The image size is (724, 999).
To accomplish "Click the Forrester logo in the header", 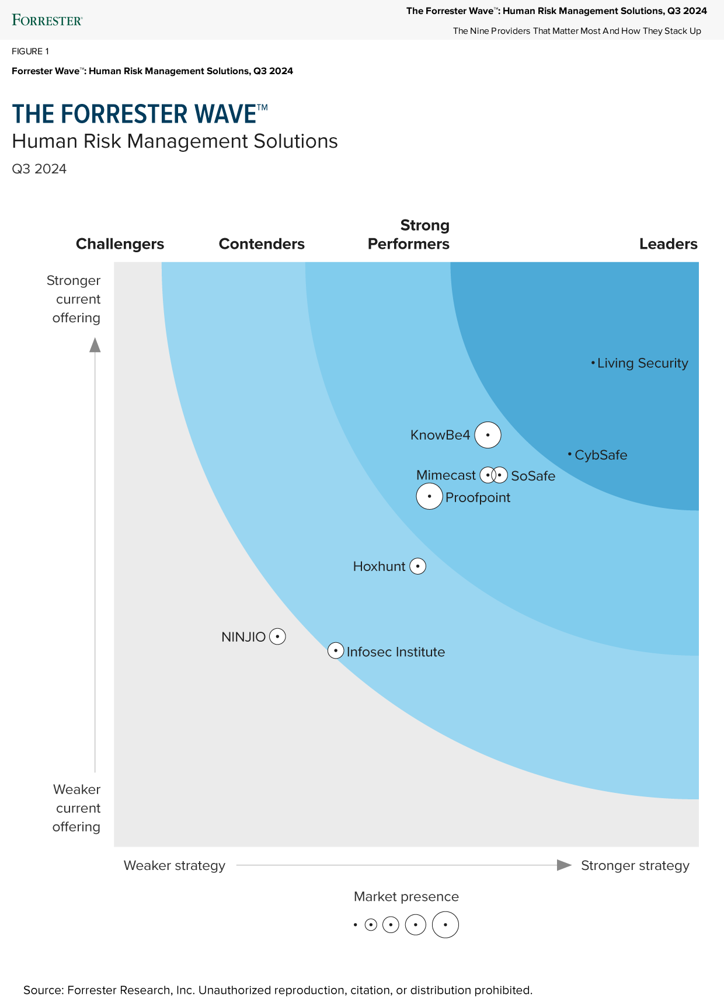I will point(47,20).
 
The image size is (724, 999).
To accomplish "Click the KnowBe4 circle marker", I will point(488,435).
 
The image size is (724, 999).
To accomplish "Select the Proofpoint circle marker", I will point(429,496).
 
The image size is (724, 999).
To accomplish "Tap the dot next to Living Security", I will point(593,363).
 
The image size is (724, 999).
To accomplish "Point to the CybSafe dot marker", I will point(570,454).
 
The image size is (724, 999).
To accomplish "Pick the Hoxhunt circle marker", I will point(417,566).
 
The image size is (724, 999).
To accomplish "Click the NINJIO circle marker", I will point(277,636).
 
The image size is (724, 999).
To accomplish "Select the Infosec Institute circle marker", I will point(336,650).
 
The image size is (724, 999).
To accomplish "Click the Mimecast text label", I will point(445,475).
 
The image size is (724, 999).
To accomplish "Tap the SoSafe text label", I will point(533,476).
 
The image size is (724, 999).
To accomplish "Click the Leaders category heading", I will point(668,243).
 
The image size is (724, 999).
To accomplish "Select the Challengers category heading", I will point(120,243).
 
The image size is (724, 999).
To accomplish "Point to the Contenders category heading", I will point(262,243).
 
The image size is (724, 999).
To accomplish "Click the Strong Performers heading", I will point(409,234).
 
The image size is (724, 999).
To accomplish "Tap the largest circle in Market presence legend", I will point(445,925).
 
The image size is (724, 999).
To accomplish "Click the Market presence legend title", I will point(406,896).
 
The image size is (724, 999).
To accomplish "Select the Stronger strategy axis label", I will point(635,865).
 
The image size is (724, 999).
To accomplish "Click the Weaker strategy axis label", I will point(174,865).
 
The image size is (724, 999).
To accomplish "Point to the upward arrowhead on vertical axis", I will point(95,346).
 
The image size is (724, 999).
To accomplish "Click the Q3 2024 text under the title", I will point(39,169).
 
